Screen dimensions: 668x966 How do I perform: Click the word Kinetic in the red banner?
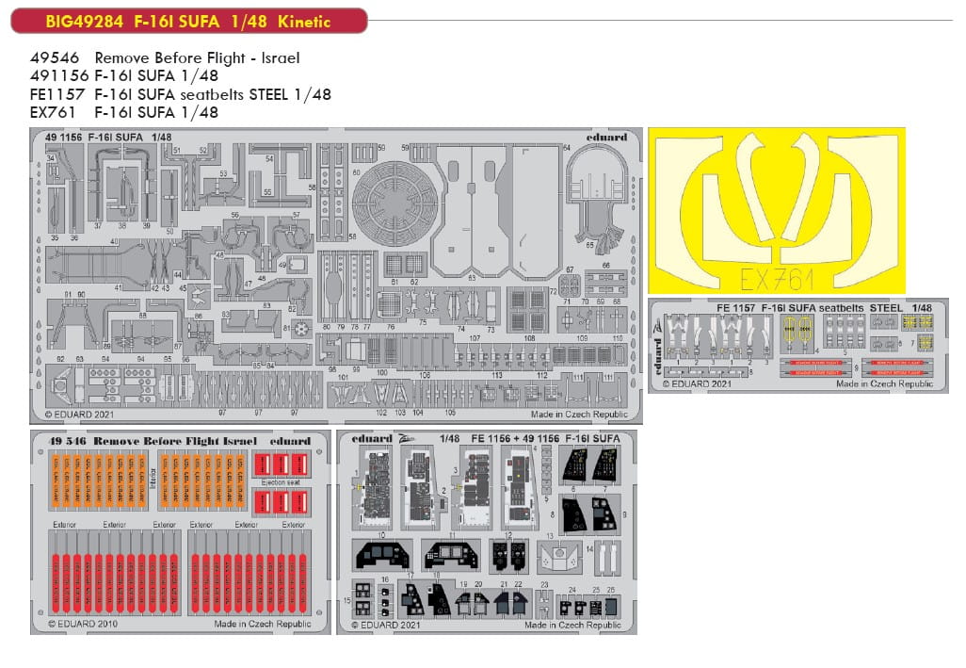point(309,21)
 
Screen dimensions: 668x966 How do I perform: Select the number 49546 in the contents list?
point(54,58)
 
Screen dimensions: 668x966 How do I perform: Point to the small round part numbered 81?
point(301,330)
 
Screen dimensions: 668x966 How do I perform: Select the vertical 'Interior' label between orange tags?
point(153,475)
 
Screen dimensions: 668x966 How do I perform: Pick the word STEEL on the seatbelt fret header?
point(885,307)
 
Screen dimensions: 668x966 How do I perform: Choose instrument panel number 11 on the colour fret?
point(449,555)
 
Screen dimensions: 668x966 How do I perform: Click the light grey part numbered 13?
point(559,557)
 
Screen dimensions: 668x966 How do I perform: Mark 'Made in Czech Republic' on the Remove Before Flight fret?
point(262,624)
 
